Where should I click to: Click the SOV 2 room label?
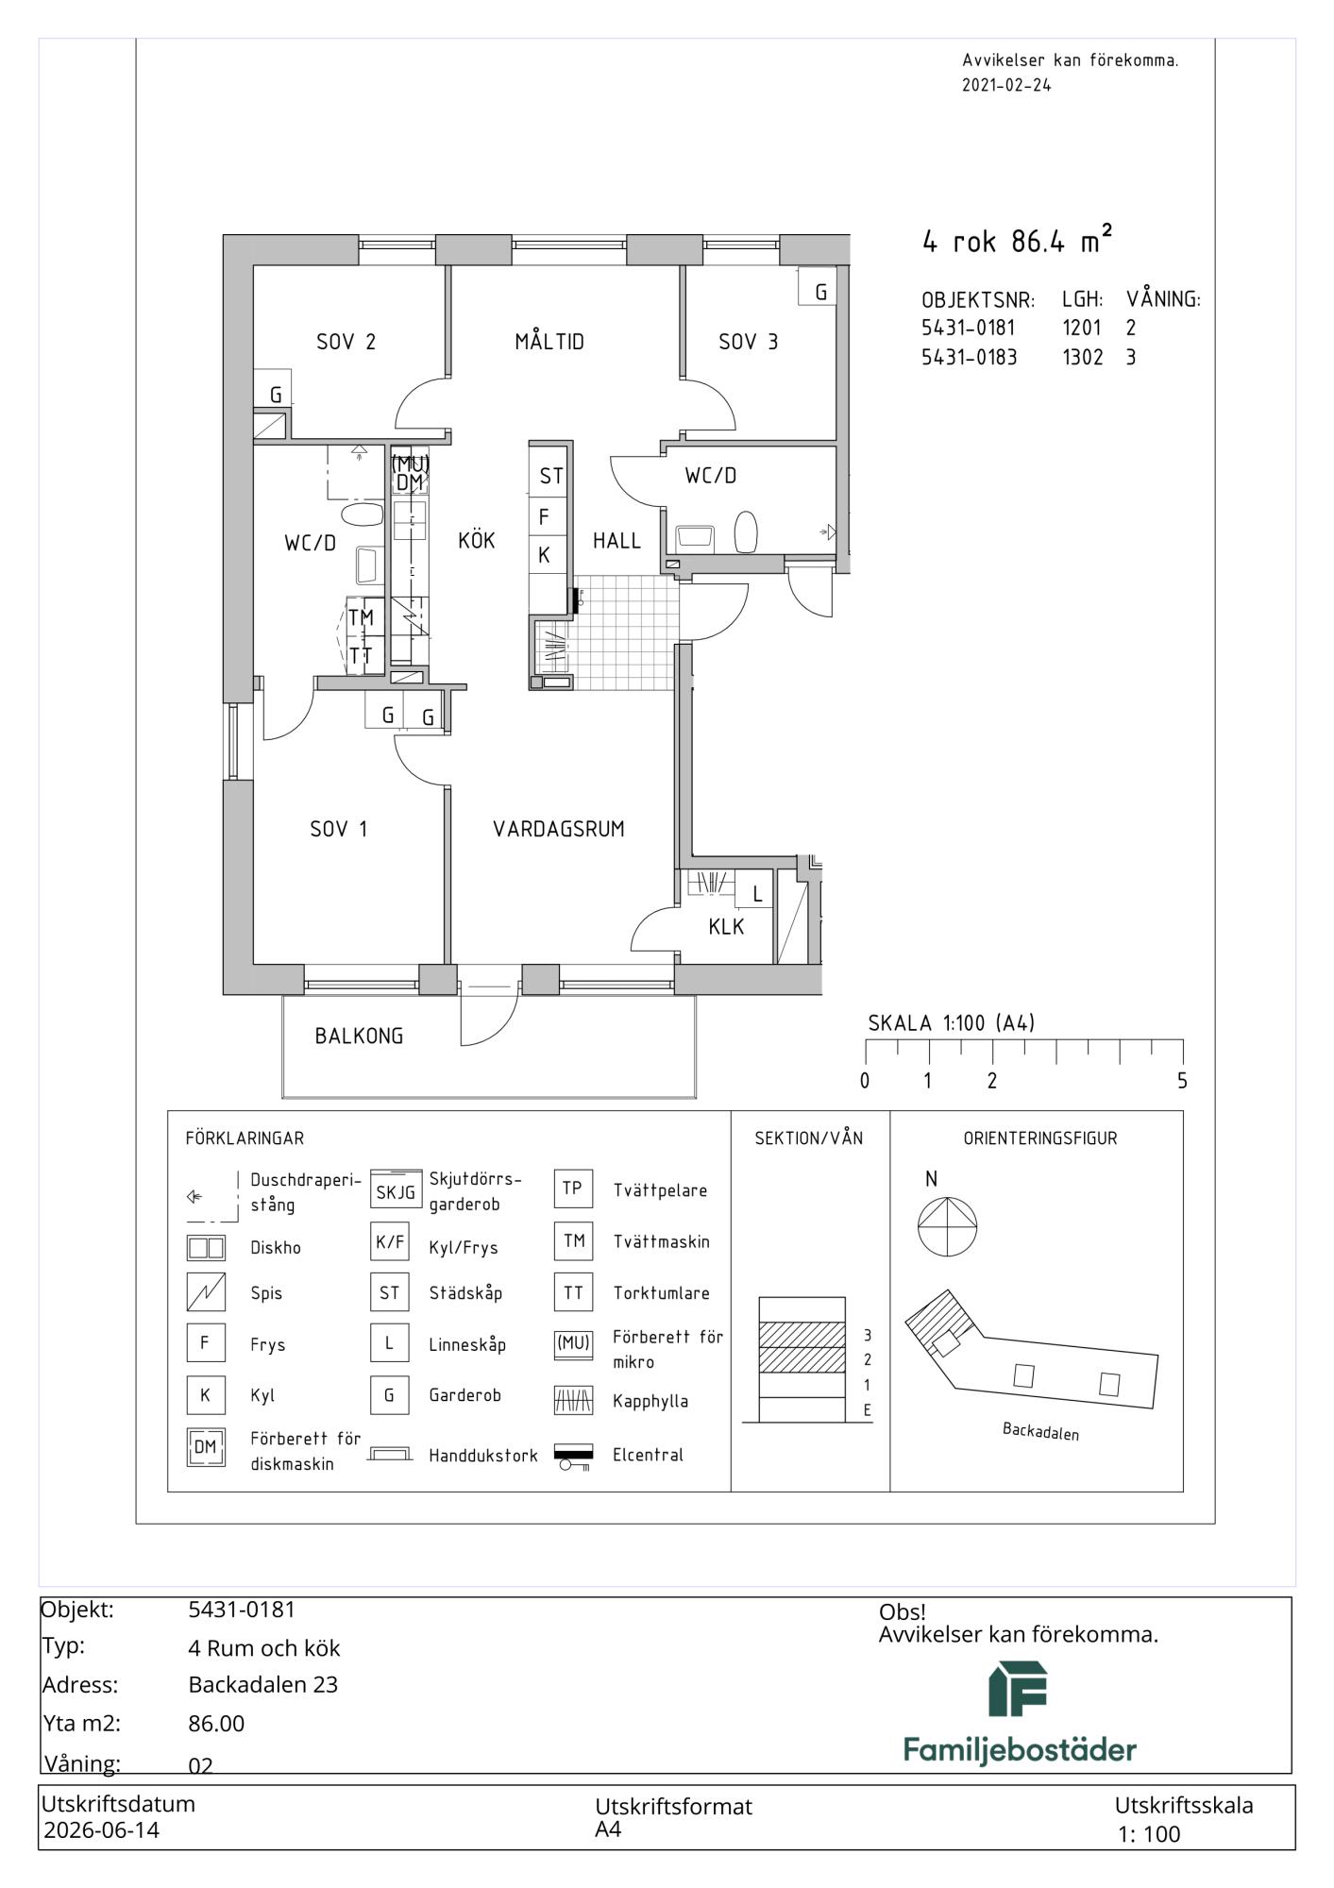346,342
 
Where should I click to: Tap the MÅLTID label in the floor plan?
549,341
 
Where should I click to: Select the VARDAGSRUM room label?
559,829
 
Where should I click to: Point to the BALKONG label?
359,1036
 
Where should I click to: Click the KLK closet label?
726,927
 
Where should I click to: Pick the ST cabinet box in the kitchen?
550,477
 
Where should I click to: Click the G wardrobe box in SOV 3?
819,287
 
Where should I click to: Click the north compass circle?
947,1226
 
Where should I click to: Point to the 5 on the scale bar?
1182,1081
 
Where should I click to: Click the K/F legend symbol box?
390,1242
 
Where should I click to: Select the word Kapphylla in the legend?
650,1401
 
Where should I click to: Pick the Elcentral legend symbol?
573,1456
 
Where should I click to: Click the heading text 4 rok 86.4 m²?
1017,240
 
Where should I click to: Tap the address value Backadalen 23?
263,1684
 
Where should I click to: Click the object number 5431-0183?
969,357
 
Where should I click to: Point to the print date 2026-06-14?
102,1829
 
